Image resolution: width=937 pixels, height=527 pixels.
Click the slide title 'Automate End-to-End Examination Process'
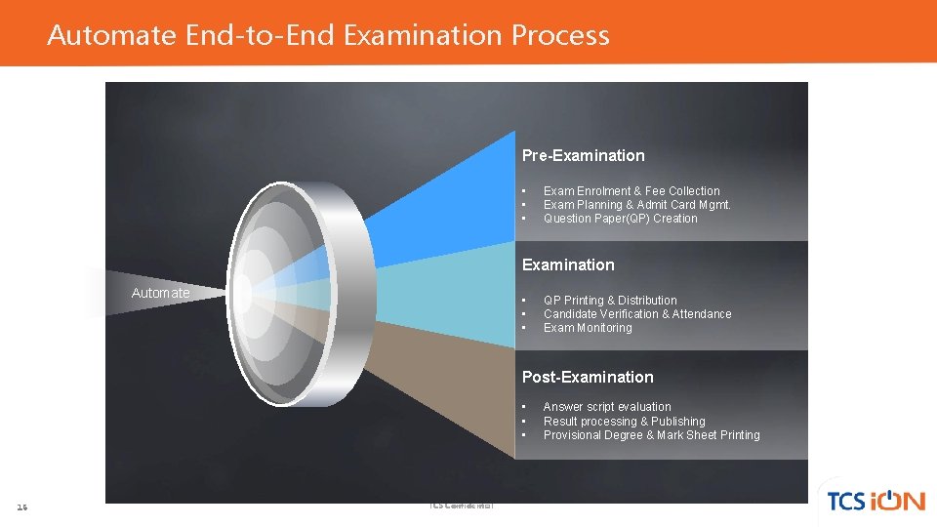(328, 36)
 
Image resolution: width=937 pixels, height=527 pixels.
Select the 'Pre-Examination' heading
(583, 155)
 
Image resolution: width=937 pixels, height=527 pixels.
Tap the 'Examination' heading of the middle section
(568, 264)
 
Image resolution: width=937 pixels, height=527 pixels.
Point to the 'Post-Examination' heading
(588, 377)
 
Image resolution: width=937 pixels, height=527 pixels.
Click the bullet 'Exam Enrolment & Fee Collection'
(631, 191)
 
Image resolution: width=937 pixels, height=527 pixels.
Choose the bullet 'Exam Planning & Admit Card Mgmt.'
(636, 205)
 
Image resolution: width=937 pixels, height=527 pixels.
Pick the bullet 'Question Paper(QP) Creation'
(620, 219)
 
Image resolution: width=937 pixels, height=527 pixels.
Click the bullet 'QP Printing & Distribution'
(610, 301)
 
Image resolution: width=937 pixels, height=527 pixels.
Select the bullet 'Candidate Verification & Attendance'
(637, 314)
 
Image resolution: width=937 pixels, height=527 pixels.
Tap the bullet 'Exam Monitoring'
(588, 328)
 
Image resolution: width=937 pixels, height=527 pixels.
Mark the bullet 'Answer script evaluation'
(607, 407)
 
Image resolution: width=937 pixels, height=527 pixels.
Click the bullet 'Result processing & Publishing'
(624, 422)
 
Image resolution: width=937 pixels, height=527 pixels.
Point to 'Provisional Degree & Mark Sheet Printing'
(651, 435)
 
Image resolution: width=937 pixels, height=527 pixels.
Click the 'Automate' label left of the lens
(160, 293)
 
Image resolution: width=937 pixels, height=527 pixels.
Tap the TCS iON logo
(875, 500)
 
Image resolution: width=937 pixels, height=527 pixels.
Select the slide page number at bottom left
(22, 507)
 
